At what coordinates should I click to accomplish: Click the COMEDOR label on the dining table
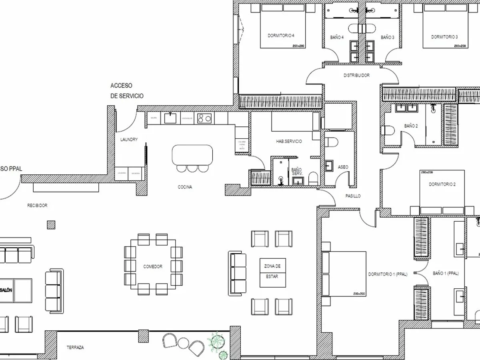[153, 266]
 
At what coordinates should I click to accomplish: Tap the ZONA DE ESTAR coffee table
[273, 272]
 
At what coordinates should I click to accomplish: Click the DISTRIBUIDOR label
[356, 75]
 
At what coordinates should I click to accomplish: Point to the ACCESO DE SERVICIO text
[127, 91]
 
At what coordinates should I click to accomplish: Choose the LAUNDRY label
[129, 140]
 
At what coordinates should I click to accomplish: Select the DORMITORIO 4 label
[281, 36]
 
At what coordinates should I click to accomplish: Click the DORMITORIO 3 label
[444, 37]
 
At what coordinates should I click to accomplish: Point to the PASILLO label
[353, 196]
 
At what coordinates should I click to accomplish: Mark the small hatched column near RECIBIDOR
[51, 225]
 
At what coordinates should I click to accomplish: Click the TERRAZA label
[75, 348]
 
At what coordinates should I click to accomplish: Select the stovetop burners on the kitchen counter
[204, 118]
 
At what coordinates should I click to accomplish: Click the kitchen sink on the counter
[171, 118]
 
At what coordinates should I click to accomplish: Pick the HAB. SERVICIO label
[289, 142]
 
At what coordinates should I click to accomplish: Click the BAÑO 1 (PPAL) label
[446, 274]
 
